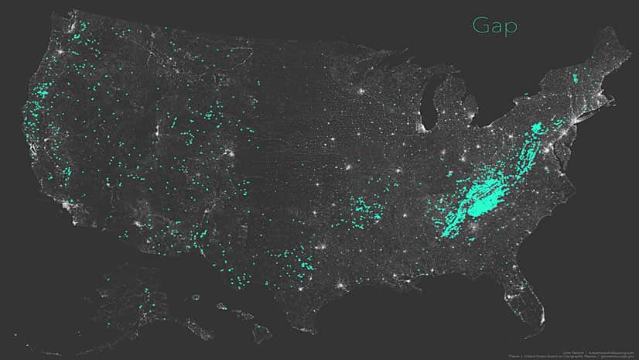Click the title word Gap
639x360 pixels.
pyautogui.click(x=495, y=26)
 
